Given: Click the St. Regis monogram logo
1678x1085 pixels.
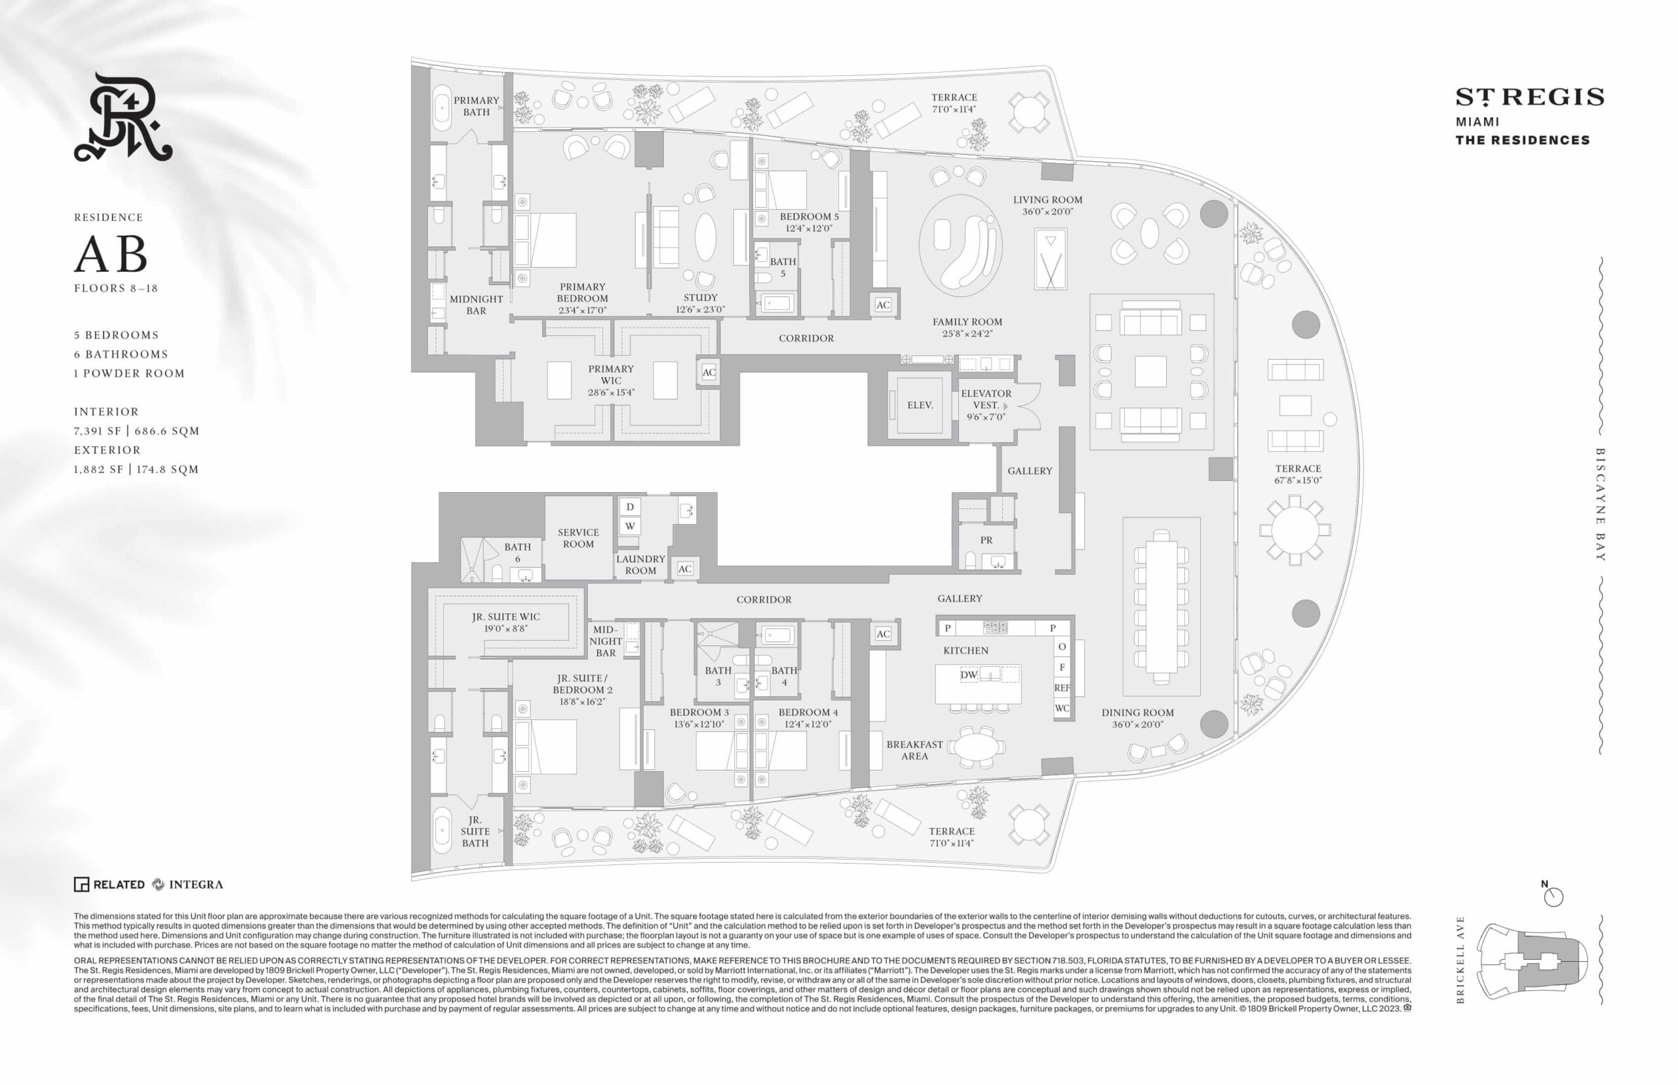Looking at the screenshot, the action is coord(123,117).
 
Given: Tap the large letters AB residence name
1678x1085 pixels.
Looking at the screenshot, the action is coord(111,254).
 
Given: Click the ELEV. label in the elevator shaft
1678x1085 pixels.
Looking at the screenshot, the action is coord(920,405).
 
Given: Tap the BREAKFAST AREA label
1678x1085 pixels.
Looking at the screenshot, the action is coord(914,750).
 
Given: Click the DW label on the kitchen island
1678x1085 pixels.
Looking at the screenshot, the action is coord(969,674).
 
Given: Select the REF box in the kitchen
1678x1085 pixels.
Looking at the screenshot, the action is coord(1062,688).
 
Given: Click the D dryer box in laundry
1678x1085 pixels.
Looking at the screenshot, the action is coord(630,506).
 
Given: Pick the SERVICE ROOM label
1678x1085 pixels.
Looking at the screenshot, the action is coord(578,539).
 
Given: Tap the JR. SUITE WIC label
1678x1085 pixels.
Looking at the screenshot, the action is coord(506,623).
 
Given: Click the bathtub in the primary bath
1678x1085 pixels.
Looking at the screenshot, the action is coord(442,109).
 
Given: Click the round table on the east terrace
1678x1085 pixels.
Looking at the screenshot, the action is coord(1295,530).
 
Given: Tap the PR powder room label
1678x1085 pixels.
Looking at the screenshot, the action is coord(986,541).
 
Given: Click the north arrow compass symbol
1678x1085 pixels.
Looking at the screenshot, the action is coord(1553,896).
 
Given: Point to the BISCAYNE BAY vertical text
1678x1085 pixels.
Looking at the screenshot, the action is coord(1600,504).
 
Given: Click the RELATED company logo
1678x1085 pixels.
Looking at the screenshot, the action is coord(109,885).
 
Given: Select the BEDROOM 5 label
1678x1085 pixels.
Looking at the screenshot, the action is coord(809,222).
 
